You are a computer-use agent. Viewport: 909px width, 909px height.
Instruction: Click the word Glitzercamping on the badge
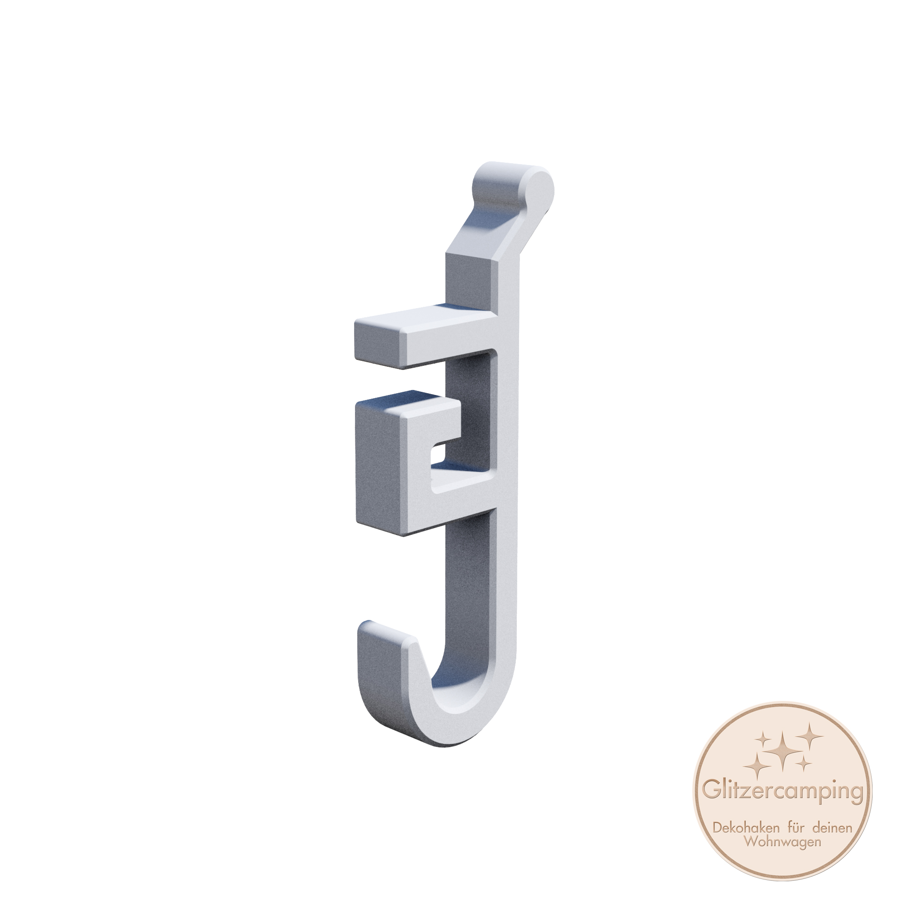[x=784, y=791]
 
